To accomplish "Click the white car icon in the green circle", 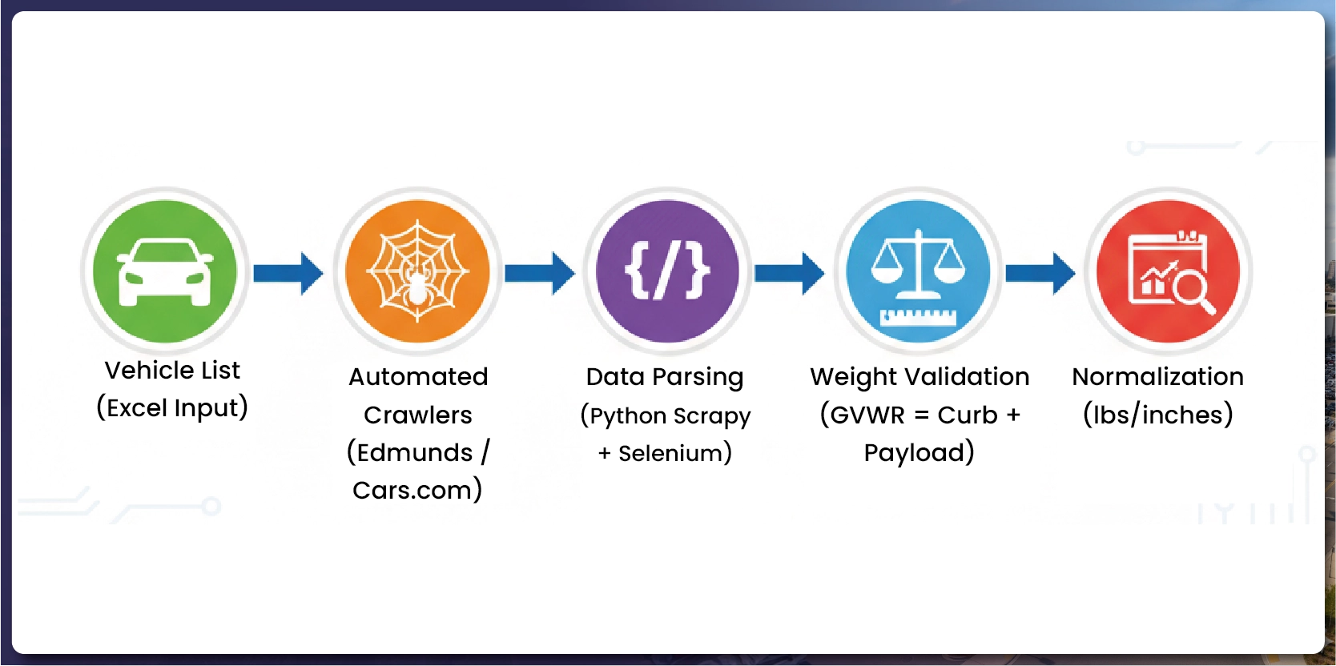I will (x=165, y=271).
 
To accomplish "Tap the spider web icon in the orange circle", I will (x=417, y=271).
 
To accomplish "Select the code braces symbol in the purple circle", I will (x=667, y=271).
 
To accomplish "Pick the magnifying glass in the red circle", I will (x=1192, y=289).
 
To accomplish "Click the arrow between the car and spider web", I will (x=288, y=273).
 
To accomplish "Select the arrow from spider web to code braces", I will (x=539, y=273).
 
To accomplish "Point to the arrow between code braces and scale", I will (x=789, y=273).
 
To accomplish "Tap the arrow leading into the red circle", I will (x=1040, y=273).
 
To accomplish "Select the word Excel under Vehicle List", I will (x=137, y=408).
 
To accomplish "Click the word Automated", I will (x=418, y=377).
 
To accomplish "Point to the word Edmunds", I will (x=415, y=453).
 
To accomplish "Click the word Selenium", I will (x=670, y=454).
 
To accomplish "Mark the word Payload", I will (x=914, y=453).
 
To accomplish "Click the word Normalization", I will (x=1157, y=377).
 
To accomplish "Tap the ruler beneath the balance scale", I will (x=918, y=317).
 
